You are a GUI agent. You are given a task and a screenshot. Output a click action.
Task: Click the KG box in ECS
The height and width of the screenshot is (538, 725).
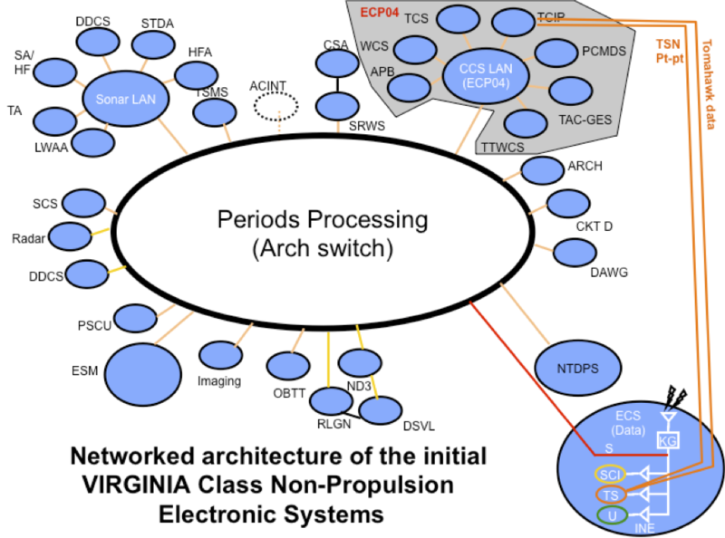click(668, 439)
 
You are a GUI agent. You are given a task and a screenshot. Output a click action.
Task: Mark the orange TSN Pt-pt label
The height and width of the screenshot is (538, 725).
click(671, 49)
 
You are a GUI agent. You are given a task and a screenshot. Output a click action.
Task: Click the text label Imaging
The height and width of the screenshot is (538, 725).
click(218, 381)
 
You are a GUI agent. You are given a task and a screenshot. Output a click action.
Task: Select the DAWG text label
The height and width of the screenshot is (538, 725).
click(609, 272)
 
